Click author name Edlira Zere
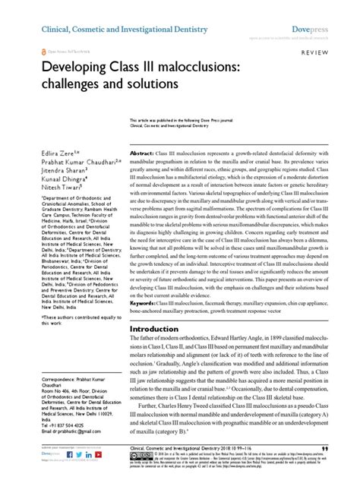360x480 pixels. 39,133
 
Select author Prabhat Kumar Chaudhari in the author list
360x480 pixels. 62,141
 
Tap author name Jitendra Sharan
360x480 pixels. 45,150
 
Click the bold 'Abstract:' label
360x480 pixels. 147,132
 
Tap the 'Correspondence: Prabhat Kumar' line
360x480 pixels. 57,398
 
